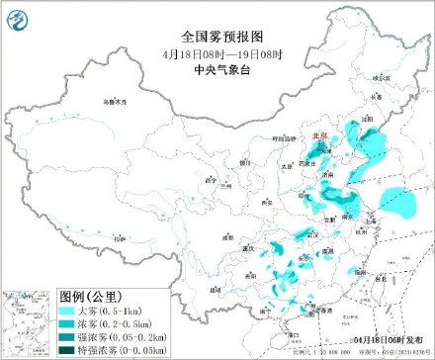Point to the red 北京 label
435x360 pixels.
coord(316,135)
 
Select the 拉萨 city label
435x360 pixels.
coord(118,239)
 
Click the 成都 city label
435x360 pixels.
coord(229,236)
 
